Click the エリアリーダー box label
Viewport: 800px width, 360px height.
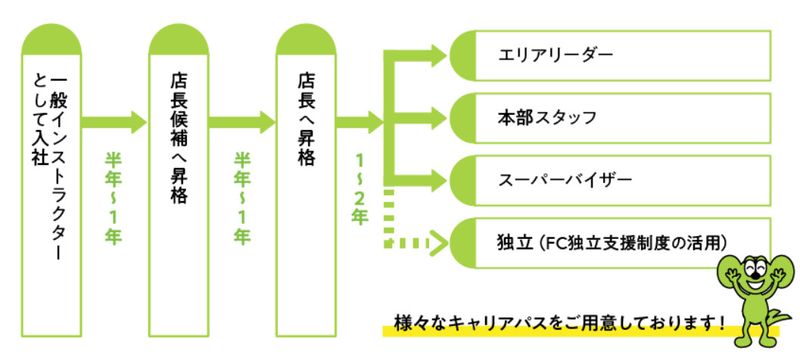pos(555,55)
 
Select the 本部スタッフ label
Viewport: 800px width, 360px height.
pos(547,118)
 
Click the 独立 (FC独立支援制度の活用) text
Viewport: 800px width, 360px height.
pos(612,242)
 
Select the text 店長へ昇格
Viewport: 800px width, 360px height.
pos(306,120)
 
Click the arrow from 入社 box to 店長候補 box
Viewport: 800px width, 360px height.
pos(114,122)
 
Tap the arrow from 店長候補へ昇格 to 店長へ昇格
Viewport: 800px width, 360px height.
pos(242,122)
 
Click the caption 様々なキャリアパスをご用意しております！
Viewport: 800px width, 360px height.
pos(560,323)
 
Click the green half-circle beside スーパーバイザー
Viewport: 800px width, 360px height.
pos(462,180)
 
